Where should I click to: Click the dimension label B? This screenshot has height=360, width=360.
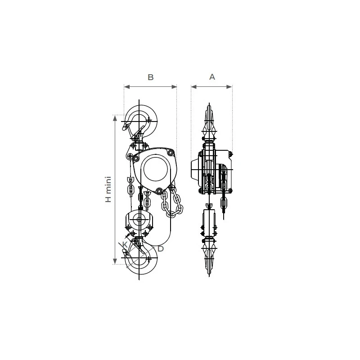(x=151, y=77)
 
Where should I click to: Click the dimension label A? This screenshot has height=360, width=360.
(x=212, y=76)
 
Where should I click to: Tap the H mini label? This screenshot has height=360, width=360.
(x=108, y=189)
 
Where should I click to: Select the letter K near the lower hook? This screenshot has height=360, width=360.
(x=125, y=245)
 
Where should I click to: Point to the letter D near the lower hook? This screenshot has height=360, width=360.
(x=161, y=249)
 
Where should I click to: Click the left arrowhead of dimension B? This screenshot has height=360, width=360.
(x=127, y=87)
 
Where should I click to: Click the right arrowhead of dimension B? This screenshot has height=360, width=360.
(x=174, y=87)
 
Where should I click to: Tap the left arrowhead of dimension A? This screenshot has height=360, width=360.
(x=194, y=87)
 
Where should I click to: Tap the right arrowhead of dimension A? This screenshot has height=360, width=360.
(x=229, y=87)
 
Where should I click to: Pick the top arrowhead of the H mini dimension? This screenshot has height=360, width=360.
(x=115, y=118)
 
